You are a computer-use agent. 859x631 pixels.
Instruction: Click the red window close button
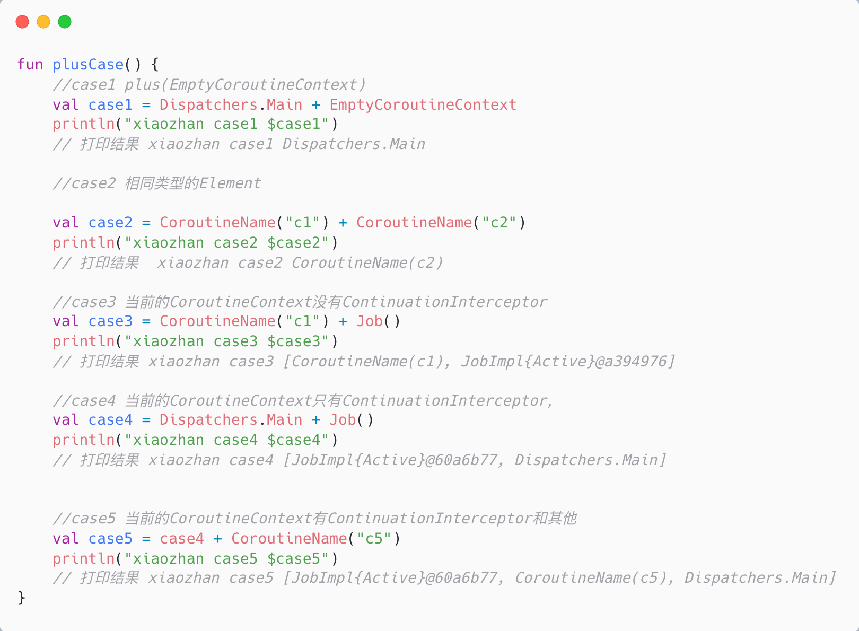coord(22,22)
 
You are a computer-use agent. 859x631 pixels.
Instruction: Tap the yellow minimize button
coord(43,22)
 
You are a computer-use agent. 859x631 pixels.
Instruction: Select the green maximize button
coord(65,22)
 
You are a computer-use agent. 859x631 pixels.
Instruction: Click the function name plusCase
coord(88,65)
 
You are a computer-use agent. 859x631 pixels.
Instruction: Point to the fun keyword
coord(30,65)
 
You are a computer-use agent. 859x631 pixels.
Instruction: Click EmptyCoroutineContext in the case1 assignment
coord(423,104)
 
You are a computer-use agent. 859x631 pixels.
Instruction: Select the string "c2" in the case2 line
coord(499,222)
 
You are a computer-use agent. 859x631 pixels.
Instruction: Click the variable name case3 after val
coord(110,321)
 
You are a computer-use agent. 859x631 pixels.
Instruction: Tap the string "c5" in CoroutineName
coord(374,538)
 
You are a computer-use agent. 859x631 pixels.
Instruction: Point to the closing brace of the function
coord(21,598)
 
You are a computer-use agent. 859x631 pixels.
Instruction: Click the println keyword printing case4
coord(84,440)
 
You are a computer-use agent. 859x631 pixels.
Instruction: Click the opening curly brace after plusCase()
coord(155,65)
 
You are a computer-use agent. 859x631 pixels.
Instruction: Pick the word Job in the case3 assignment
coord(370,321)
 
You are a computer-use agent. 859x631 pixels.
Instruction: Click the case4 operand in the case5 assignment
coord(181,538)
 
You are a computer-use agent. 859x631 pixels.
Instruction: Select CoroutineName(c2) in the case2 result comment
coord(367,262)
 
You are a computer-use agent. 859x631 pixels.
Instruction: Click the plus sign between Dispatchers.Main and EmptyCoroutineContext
coord(316,104)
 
